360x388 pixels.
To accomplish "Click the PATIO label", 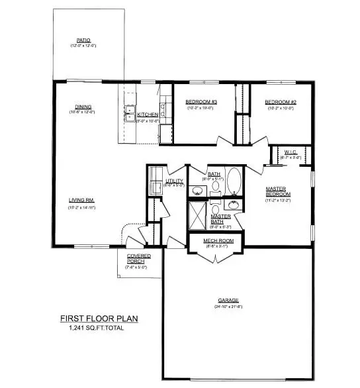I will [x=83, y=40].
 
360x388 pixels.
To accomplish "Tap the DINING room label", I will [x=83, y=107].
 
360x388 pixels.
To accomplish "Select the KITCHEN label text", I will [x=148, y=115].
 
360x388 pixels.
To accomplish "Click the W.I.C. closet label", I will [x=292, y=152].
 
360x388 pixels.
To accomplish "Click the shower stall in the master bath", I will [x=199, y=215].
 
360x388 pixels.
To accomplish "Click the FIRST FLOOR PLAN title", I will [x=99, y=318].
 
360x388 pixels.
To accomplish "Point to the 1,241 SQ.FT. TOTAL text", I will [x=99, y=328].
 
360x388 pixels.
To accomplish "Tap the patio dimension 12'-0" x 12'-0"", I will [x=83, y=46].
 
